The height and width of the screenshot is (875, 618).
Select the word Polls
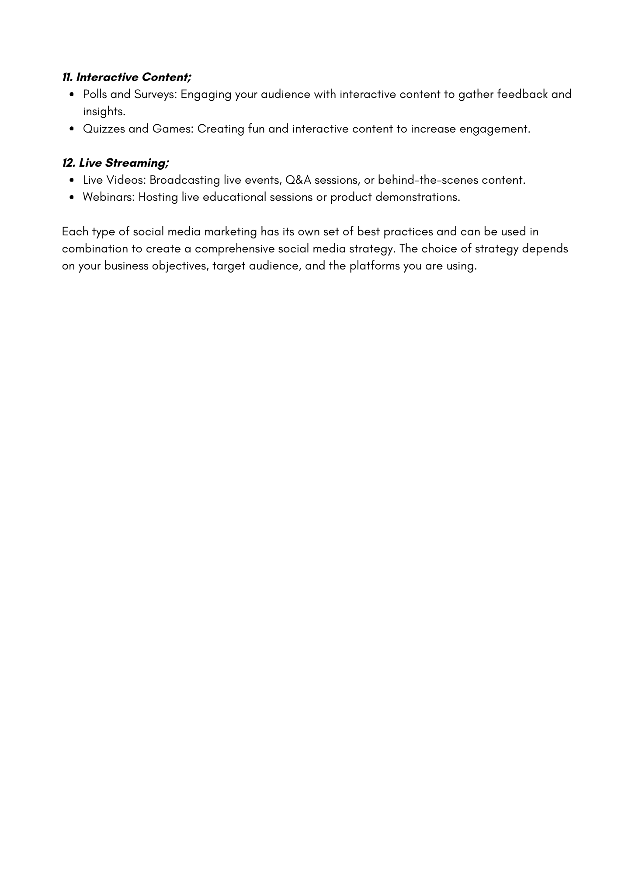pyautogui.click(x=95, y=94)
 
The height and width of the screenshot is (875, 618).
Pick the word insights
pyautogui.click(x=104, y=112)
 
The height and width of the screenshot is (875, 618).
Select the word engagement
pyautogui.click(x=494, y=129)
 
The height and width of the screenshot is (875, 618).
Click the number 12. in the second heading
pyautogui.click(x=69, y=163)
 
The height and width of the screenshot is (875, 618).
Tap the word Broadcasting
pyautogui.click(x=184, y=180)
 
